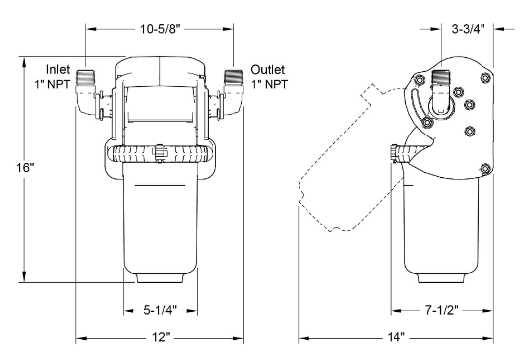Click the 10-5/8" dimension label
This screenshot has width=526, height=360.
[160, 29]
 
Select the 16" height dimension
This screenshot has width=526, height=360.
[25, 168]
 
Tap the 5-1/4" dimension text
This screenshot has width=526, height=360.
[160, 310]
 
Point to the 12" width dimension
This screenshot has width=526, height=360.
[160, 337]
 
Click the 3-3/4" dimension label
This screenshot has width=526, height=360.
[468, 29]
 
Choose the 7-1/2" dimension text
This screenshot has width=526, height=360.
[441, 310]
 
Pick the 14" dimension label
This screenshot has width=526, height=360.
[395, 337]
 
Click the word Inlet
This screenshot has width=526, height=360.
[58, 70]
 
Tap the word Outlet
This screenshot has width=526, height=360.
[268, 70]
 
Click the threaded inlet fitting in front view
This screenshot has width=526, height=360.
[85, 78]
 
